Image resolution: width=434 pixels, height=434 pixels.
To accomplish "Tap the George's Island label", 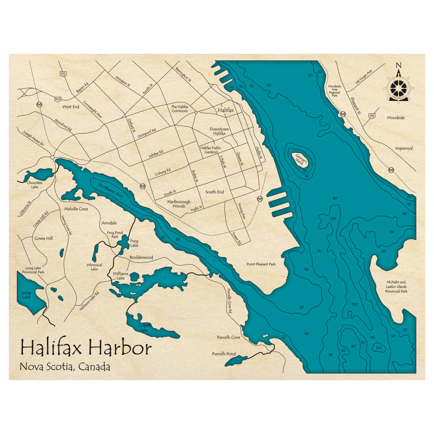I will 299,159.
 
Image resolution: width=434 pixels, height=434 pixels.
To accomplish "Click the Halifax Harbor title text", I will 86,348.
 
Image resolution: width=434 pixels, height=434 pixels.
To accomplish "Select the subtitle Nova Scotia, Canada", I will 65,367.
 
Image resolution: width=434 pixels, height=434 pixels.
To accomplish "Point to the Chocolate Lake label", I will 35,185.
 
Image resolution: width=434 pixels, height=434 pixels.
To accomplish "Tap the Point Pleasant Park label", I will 261,264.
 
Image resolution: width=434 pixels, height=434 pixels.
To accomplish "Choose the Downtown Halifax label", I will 219,132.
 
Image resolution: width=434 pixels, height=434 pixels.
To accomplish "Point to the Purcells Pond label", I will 224,354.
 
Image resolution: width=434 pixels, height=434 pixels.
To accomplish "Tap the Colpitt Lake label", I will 144,328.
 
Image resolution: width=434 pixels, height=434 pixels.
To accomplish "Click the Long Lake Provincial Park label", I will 35,270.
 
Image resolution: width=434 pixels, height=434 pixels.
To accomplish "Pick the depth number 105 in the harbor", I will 379,348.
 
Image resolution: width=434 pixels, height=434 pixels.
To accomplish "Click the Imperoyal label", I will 404,148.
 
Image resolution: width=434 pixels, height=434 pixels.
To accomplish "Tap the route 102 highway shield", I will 58,99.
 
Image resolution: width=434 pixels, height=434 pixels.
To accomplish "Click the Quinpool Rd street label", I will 147,132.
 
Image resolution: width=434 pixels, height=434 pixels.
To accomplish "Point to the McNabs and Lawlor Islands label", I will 396,286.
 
